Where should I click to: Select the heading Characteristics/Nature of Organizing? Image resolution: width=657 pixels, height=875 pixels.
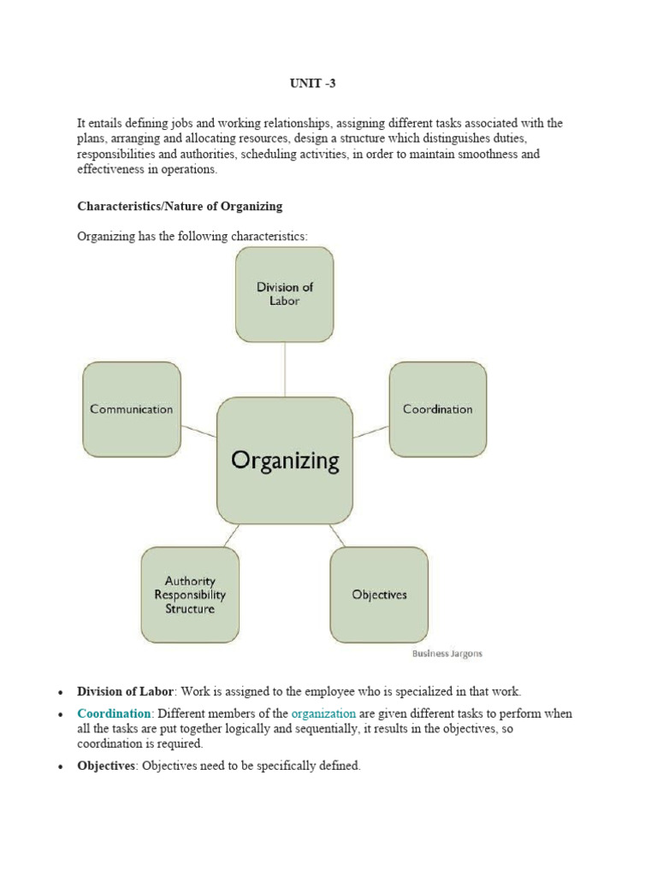[x=180, y=206]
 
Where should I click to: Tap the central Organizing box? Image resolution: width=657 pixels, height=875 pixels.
[x=285, y=461]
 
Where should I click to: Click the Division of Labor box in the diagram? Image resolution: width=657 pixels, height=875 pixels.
[x=285, y=294]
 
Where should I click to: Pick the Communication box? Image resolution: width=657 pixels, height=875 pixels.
[x=132, y=409]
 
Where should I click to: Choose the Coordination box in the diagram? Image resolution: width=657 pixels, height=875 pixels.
[x=437, y=409]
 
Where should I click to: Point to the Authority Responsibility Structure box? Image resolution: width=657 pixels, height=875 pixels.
[x=190, y=595]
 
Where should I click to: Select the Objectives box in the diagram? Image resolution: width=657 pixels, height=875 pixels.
[x=379, y=595]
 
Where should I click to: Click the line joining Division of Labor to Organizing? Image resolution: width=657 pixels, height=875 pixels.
[x=285, y=369]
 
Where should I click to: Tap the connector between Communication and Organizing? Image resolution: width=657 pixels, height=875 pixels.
[x=199, y=431]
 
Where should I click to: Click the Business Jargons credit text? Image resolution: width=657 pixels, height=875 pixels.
[x=447, y=654]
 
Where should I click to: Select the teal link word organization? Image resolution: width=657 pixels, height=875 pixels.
[x=323, y=714]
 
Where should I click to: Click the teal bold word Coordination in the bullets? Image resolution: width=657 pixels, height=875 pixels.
[x=114, y=714]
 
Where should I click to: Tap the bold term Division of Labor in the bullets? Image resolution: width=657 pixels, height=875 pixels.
[x=126, y=691]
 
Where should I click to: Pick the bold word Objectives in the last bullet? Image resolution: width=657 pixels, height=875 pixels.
[x=106, y=766]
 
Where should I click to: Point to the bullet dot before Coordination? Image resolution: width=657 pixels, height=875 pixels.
[x=61, y=714]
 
